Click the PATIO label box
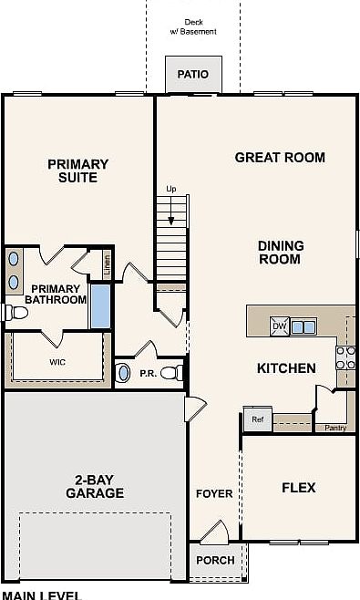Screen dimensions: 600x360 click(x=192, y=75)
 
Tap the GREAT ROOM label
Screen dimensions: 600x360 click(x=280, y=158)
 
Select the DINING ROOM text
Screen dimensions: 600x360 click(x=279, y=252)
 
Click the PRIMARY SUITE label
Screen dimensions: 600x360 click(x=77, y=171)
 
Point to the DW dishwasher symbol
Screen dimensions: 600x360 click(x=280, y=326)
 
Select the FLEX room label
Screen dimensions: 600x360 click(x=298, y=488)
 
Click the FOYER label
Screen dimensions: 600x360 click(x=214, y=494)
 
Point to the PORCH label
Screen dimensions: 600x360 click(x=215, y=560)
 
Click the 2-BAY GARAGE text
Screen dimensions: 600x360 click(x=94, y=486)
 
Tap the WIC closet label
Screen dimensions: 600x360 click(x=57, y=361)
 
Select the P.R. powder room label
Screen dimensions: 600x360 click(x=149, y=373)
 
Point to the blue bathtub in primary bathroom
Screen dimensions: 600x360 click(x=100, y=307)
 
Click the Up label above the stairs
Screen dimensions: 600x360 click(x=170, y=189)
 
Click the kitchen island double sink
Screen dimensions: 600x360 click(x=303, y=326)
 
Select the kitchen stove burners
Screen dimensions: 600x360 click(x=346, y=357)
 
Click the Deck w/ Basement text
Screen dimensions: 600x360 click(x=193, y=26)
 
